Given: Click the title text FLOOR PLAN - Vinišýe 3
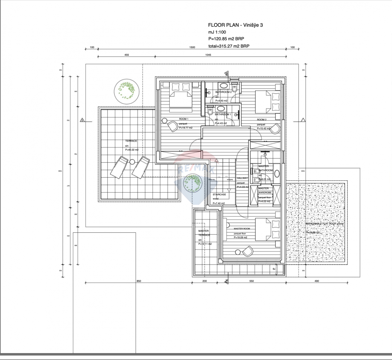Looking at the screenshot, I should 235,25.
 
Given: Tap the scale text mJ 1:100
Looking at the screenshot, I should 217,32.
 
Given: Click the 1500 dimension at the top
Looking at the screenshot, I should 192,47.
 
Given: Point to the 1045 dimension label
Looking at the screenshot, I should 208,55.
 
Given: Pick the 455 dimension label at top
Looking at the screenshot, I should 127,55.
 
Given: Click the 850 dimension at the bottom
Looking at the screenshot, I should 139,281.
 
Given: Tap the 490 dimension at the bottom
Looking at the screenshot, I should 316,281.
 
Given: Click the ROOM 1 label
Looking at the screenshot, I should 184,119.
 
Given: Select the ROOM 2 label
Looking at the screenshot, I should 261,119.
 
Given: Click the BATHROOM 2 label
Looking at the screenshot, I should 223,92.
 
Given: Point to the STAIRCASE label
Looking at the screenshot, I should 219,194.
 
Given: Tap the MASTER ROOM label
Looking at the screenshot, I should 242,229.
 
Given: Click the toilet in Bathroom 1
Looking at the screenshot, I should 209,112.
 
